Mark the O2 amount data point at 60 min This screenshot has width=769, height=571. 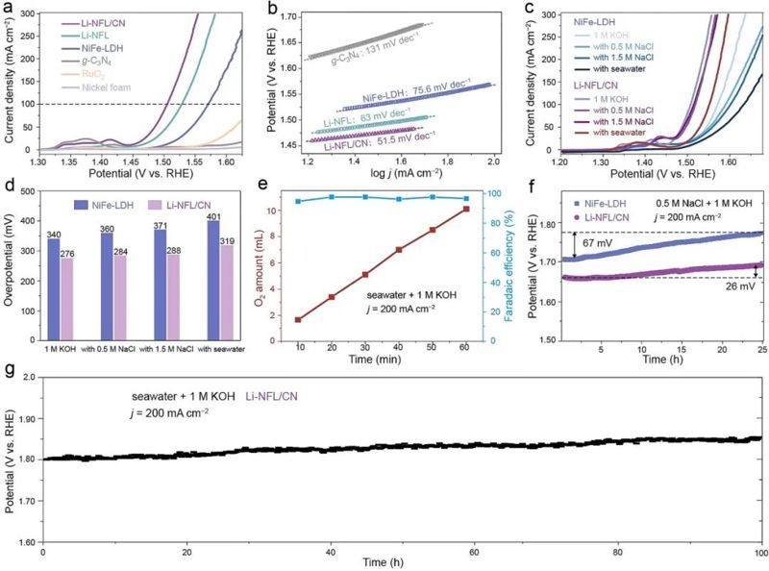click(466, 209)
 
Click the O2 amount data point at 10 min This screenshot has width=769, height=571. click(298, 319)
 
